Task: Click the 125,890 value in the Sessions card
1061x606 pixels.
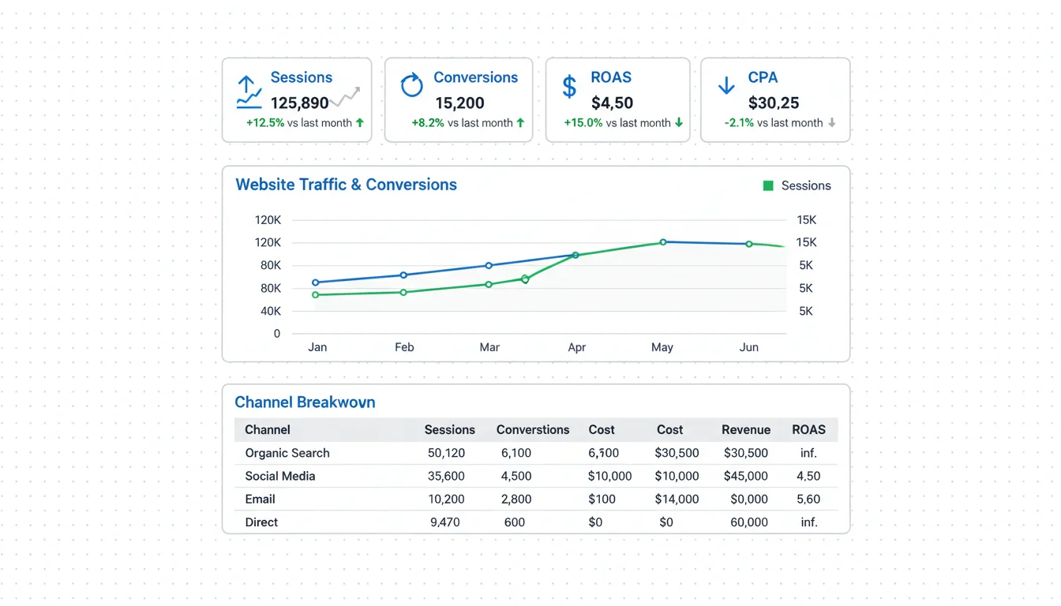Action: [299, 103]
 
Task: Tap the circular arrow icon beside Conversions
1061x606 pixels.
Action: [412, 85]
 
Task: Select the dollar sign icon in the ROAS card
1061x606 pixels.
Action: [569, 86]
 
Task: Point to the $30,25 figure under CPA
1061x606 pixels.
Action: [774, 103]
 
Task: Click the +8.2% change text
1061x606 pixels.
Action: [428, 123]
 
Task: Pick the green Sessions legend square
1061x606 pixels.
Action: [768, 185]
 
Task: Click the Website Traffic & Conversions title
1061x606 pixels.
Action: [346, 185]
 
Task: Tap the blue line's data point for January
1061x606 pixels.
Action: [316, 282]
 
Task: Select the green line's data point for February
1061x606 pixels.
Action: [403, 292]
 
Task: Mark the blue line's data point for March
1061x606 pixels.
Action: [489, 265]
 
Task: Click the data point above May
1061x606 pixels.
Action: [663, 242]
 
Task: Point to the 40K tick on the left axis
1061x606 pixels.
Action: [270, 311]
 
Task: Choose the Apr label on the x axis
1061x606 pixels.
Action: [577, 347]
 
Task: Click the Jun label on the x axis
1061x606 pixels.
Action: [748, 347]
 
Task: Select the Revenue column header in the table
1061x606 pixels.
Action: [745, 430]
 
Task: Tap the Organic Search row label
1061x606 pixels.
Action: [287, 453]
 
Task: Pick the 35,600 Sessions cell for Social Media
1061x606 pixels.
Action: [446, 476]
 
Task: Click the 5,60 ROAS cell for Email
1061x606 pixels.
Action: [808, 499]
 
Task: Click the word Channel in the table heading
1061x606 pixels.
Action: [268, 430]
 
